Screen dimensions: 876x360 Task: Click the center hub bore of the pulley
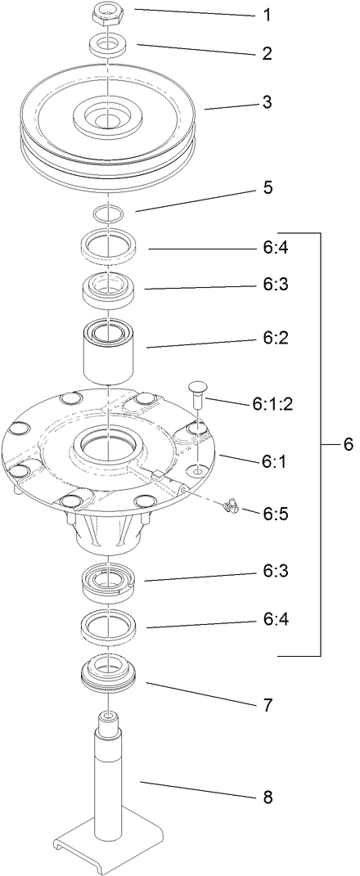point(107,120)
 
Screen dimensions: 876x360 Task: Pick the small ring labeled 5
point(108,213)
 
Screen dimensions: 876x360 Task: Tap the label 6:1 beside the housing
point(273,462)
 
